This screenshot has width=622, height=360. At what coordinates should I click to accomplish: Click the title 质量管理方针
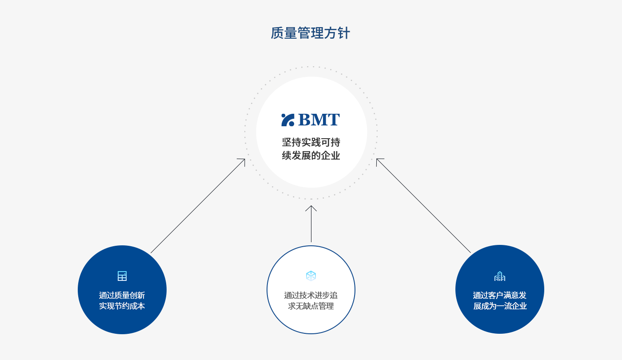click(311, 33)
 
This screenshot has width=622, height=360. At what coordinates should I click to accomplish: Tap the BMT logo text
click(319, 120)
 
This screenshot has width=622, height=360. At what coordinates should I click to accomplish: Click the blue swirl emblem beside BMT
click(288, 120)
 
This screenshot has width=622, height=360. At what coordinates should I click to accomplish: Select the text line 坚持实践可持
click(311, 142)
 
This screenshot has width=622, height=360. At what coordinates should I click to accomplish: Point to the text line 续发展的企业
click(311, 155)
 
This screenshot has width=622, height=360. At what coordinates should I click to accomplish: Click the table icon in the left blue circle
click(122, 276)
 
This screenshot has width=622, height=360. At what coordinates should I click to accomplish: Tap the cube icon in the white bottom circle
click(311, 276)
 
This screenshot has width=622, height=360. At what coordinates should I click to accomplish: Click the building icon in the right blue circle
click(500, 276)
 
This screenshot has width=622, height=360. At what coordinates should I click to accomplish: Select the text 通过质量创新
click(122, 295)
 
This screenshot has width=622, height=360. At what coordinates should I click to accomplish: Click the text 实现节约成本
click(122, 306)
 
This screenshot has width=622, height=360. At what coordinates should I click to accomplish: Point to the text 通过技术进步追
click(311, 295)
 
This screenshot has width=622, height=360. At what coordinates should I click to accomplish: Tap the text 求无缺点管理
click(311, 306)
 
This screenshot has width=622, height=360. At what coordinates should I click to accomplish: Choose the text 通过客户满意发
click(500, 295)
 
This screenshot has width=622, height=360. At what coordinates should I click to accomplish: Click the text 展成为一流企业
click(500, 306)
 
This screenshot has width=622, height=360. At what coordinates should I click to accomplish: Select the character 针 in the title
click(344, 33)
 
